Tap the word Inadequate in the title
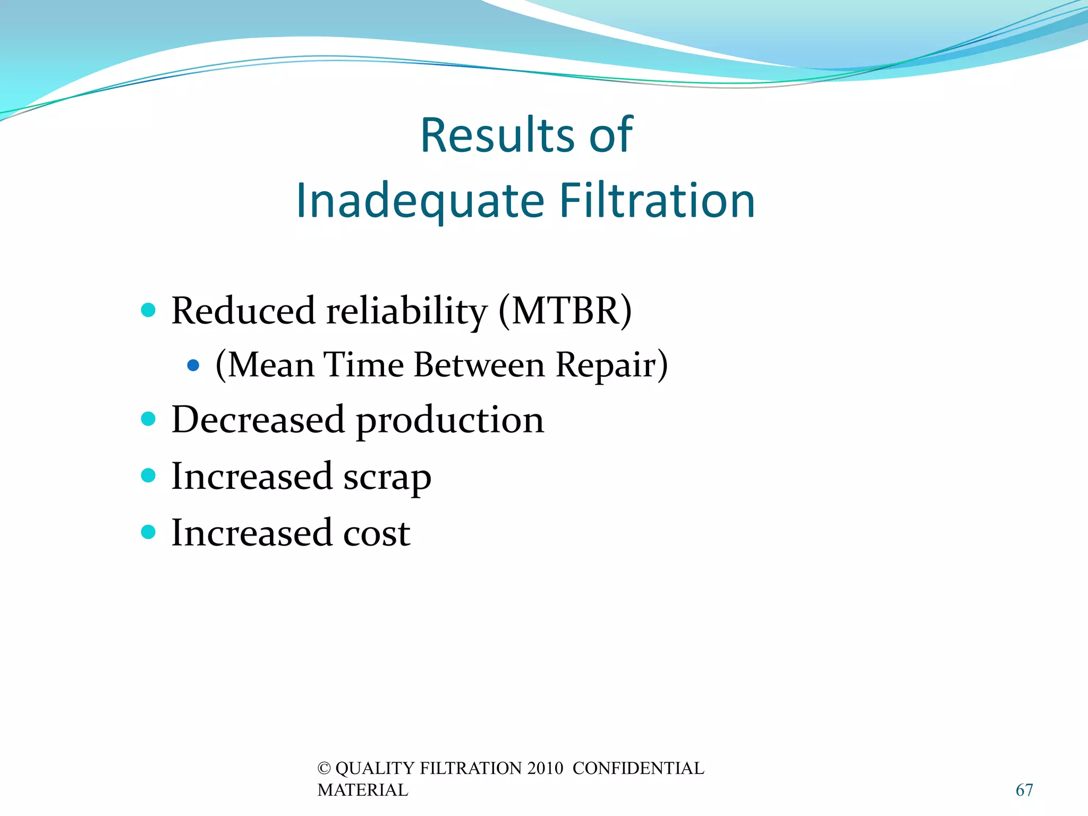click(x=420, y=201)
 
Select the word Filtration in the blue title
click(x=657, y=201)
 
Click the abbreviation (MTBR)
click(x=565, y=311)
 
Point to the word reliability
click(x=406, y=311)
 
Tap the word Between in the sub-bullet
click(x=479, y=365)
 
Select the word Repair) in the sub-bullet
click(x=611, y=365)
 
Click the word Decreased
click(x=258, y=420)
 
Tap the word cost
click(x=377, y=533)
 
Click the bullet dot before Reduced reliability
click(x=148, y=310)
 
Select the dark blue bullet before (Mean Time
click(x=193, y=365)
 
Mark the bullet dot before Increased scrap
click(x=148, y=475)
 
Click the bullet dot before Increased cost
click(x=148, y=532)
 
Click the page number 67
click(x=1024, y=790)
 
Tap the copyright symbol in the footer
click(x=324, y=768)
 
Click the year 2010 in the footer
click(x=546, y=768)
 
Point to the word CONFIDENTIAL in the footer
click(x=638, y=768)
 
